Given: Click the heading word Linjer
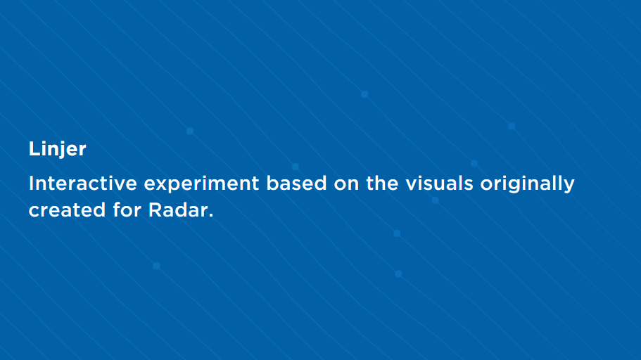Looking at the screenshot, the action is (57, 149).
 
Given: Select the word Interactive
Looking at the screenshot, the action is (82, 183).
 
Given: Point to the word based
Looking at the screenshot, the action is (296, 183).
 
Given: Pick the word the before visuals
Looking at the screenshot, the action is (382, 183).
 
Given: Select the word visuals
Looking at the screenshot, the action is (440, 183).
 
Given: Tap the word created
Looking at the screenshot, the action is (68, 210).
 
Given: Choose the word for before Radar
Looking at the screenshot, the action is (127, 210).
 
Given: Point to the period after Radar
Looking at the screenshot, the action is (211, 215).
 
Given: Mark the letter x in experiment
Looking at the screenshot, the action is (161, 185).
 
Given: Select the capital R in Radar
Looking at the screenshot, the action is (155, 210).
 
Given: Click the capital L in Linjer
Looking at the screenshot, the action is (34, 149).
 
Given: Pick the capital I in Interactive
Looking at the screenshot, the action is (31, 183).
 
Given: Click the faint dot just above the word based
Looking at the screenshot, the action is (295, 167).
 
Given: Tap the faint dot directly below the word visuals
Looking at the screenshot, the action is (436, 200).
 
